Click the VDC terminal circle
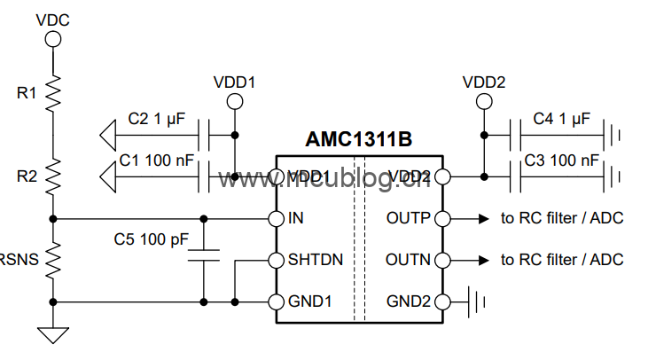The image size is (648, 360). pos(53,39)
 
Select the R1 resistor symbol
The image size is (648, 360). pos(53,90)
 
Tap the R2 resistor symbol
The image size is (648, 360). pos(53,176)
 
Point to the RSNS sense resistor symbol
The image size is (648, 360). pos(53,260)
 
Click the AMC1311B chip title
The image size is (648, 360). pos(359,139)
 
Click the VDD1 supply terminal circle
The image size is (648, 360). pos(234,102)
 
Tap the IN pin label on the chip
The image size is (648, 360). pos(297,218)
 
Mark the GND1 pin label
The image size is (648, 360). pos(310,301)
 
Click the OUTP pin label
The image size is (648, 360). pos(409,218)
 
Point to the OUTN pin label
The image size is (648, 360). pos(409,260)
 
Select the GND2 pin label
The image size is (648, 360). pos(409,301)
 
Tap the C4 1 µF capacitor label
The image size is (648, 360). pos(562,118)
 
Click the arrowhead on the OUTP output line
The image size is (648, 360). pos(486,218)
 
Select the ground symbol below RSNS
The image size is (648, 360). pos(53,335)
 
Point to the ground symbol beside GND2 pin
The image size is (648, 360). pos(481,301)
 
